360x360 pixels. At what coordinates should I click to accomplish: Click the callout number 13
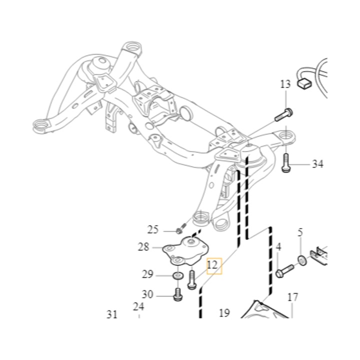tap(285, 84)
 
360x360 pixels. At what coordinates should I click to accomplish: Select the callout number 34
tap(318, 164)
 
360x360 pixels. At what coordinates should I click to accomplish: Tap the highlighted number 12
tap(212, 264)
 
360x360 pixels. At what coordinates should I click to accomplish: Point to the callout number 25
tap(153, 229)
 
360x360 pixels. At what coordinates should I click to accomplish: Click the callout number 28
tap(143, 247)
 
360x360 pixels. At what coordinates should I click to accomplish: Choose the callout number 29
tap(147, 274)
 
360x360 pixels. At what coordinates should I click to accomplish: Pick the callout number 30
tap(147, 294)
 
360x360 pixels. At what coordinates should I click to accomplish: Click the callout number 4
tap(278, 247)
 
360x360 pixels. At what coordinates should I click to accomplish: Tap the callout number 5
tap(300, 232)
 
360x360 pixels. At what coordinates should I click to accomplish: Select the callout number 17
tap(292, 297)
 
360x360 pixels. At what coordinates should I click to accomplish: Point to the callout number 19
tap(224, 313)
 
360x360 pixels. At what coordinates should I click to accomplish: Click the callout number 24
tap(138, 306)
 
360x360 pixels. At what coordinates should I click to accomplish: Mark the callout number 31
tap(112, 314)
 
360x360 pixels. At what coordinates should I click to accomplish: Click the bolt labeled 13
tap(284, 115)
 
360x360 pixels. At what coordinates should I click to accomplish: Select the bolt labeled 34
tap(285, 163)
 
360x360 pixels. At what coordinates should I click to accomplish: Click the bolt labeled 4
tap(284, 271)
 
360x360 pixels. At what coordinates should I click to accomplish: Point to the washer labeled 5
tap(302, 260)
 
